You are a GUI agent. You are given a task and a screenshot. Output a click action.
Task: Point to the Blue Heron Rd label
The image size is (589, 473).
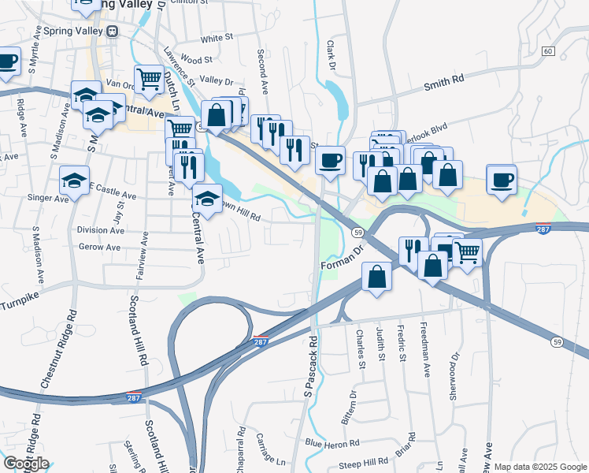pos(332,443)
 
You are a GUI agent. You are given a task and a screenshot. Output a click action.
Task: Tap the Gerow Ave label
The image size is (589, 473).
pos(99,247)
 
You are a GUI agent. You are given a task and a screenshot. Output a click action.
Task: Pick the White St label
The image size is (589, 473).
pos(217,38)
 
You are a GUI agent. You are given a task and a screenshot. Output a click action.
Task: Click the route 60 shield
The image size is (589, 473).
pos(548,51)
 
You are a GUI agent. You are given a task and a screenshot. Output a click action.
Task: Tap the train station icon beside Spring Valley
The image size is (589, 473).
pos(113,32)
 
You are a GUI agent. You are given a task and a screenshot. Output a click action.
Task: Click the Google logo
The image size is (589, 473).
pos(26,464)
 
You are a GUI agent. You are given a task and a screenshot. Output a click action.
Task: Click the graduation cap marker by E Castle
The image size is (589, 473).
pos(75,181)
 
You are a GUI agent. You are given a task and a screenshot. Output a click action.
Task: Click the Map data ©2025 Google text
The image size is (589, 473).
pos(540,467)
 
